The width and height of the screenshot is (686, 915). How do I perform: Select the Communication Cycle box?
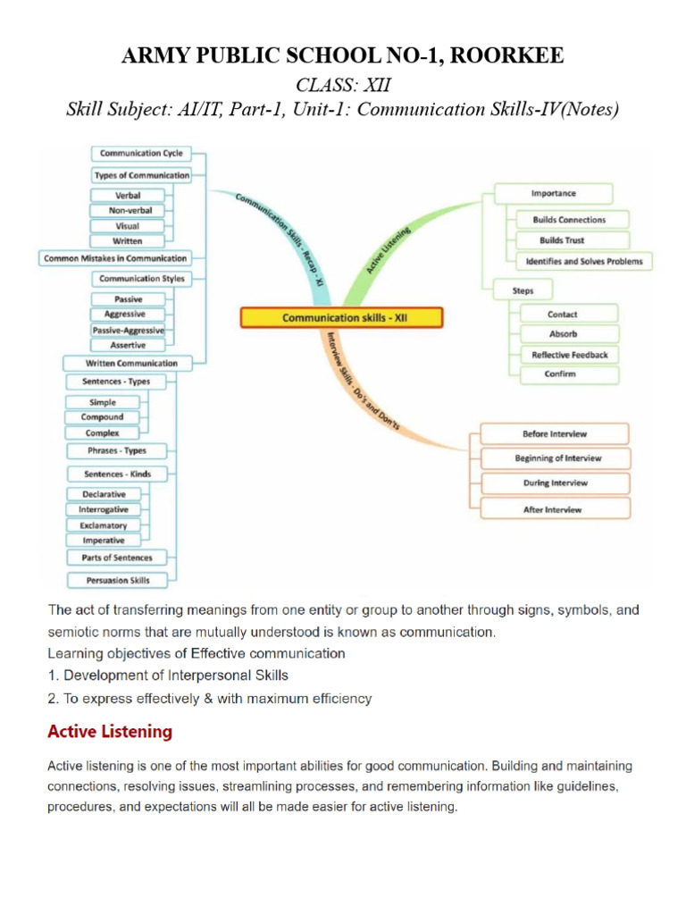[141, 154]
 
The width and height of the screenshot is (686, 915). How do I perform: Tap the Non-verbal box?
[128, 211]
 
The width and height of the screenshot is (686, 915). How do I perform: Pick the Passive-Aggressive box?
[128, 331]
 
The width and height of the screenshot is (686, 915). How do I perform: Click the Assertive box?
[128, 345]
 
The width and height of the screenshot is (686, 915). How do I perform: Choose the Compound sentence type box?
[103, 417]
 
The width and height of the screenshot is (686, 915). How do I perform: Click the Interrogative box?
[103, 509]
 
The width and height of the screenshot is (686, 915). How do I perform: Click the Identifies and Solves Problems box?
[584, 261]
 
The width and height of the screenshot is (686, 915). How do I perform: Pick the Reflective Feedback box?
[569, 355]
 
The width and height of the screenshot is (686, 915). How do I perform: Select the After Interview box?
[551, 509]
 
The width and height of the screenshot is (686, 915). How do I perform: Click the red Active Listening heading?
[110, 732]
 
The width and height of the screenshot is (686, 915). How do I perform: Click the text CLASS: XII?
[342, 85]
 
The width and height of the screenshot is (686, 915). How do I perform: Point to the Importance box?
[554, 193]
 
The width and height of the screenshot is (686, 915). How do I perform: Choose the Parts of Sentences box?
[117, 558]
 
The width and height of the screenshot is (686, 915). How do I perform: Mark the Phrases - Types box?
[117, 450]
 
